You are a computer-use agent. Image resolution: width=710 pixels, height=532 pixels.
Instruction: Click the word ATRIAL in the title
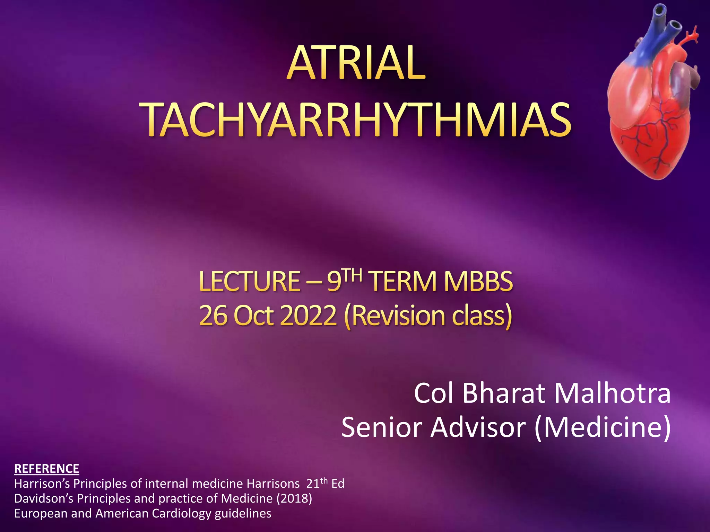tap(356, 63)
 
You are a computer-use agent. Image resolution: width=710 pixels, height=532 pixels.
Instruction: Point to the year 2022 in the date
tap(308, 316)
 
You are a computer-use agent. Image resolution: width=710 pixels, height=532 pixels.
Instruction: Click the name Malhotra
tap(612, 394)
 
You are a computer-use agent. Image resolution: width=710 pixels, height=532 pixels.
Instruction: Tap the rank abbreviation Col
tap(434, 394)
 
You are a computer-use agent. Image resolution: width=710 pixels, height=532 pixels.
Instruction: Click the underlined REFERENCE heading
tap(46, 469)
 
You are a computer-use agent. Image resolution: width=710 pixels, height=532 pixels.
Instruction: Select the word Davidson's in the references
tap(44, 498)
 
